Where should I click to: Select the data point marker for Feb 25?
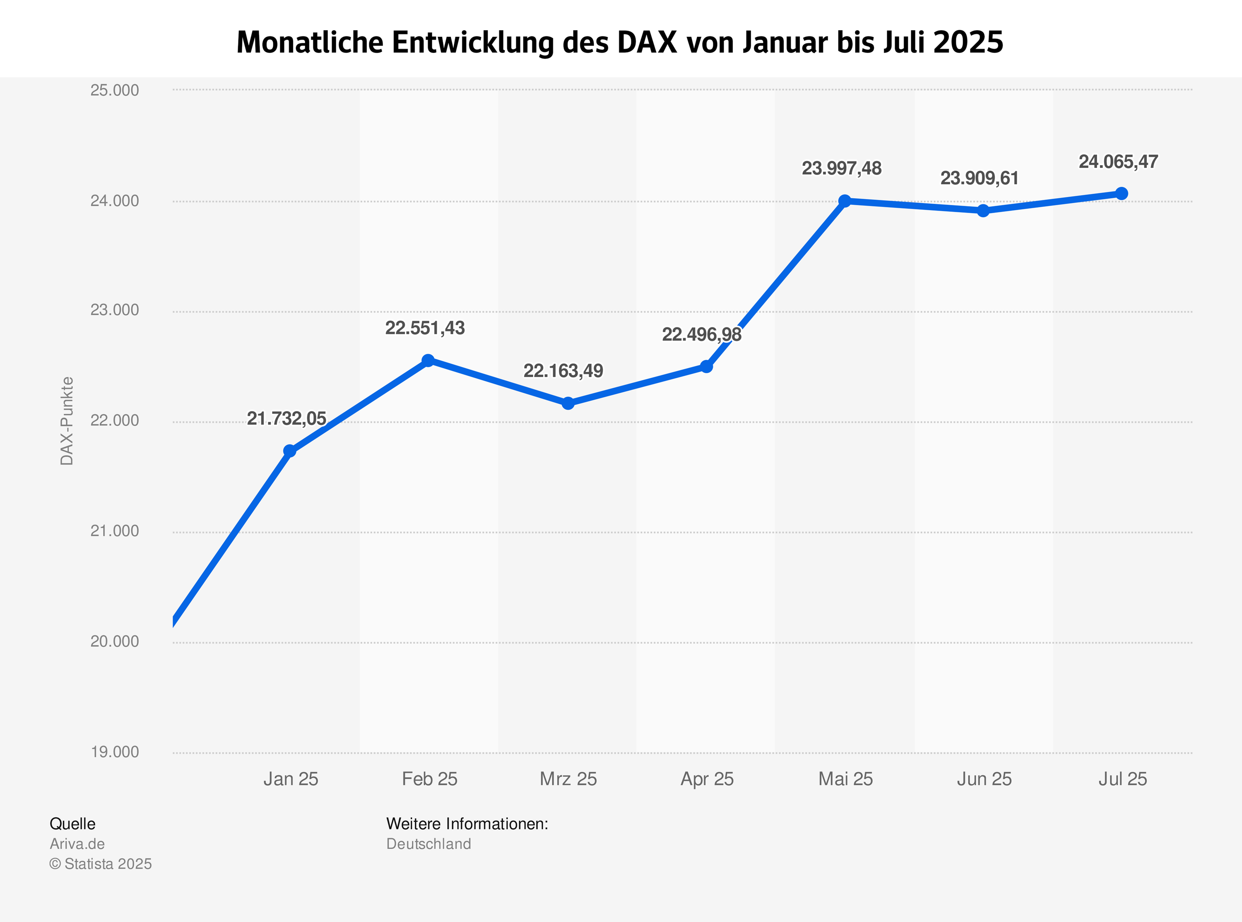pyautogui.click(x=428, y=360)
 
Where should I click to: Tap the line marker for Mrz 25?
pyautogui.click(x=568, y=403)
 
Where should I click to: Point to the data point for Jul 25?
pyautogui.click(x=1122, y=194)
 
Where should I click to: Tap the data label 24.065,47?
pyautogui.click(x=1118, y=162)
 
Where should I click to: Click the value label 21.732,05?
pyautogui.click(x=286, y=419)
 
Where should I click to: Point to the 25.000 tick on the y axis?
pyautogui.click(x=114, y=90)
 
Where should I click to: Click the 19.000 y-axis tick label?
pyautogui.click(x=114, y=752)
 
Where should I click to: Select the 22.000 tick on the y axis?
pyautogui.click(x=114, y=420)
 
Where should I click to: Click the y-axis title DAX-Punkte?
pyautogui.click(x=67, y=421)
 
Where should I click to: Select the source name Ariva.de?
pyautogui.click(x=77, y=844)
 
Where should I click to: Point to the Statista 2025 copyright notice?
pyautogui.click(x=101, y=864)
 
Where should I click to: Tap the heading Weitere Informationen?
pyautogui.click(x=467, y=824)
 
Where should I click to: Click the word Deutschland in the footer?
pyautogui.click(x=428, y=844)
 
